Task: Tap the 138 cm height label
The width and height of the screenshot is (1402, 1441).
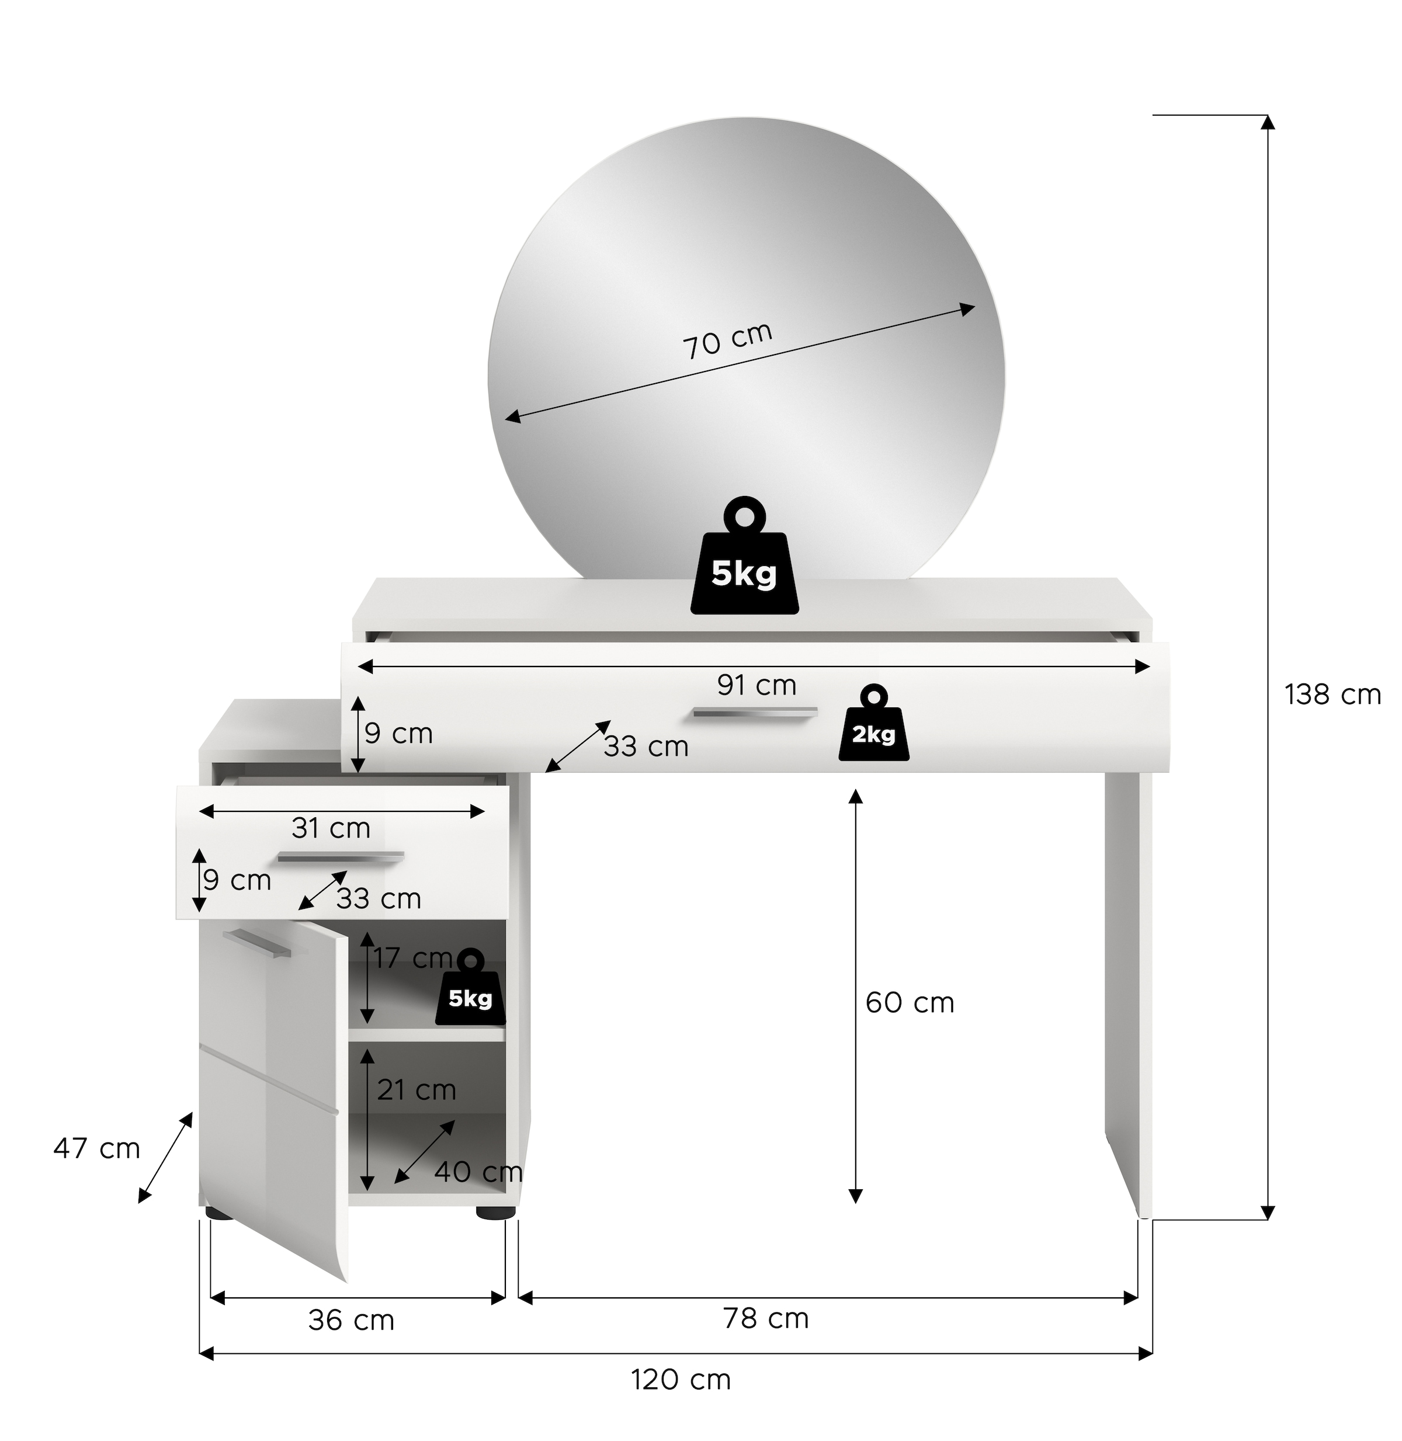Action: pos(1333,695)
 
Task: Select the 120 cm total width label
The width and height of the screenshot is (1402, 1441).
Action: pos(681,1379)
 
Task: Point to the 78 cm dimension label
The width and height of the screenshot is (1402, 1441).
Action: pos(766,1318)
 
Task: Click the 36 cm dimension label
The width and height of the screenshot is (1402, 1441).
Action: pos(351,1320)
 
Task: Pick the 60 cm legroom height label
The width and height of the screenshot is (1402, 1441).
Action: pos(910,1002)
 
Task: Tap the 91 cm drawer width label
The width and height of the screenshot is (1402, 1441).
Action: pos(757,686)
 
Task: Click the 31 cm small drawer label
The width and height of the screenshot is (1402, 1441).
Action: pos(331,828)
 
